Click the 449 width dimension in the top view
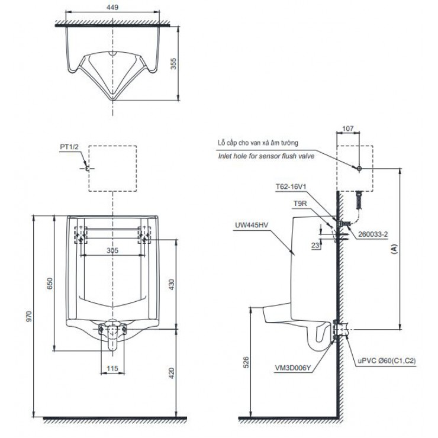114,9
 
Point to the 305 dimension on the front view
113,250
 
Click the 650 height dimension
49,284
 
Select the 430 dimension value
172,285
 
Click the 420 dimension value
172,373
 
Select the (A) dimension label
394,249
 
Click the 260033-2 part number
374,234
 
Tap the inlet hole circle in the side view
359,169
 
